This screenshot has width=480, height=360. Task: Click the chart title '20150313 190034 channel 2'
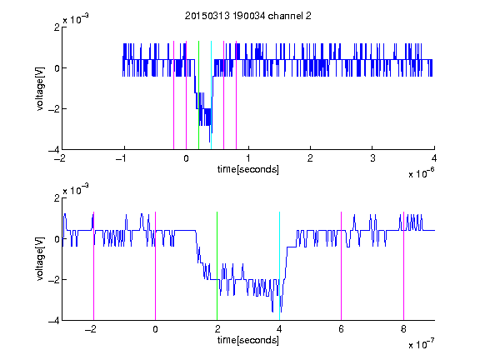248,16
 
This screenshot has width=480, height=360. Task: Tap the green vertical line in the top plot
198,95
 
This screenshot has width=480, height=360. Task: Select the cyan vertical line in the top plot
211,95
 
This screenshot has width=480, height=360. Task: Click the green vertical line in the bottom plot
217,266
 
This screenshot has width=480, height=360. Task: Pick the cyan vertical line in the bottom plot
279,266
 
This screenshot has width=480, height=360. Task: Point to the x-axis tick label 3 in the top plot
372,158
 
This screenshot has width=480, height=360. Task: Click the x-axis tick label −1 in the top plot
122,158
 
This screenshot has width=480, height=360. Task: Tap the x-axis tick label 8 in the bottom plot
403,329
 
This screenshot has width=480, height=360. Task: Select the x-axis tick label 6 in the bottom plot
342,329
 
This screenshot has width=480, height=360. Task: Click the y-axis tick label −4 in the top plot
53,150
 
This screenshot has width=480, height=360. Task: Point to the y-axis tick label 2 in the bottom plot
57,197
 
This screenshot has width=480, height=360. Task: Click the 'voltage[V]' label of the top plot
40,88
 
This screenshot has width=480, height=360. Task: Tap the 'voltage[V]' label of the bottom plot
40,258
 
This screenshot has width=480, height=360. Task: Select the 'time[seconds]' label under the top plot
248,169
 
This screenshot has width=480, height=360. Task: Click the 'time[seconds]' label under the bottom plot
248,340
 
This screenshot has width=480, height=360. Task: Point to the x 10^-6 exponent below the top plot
421,173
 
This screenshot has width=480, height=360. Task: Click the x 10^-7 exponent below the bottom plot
421,344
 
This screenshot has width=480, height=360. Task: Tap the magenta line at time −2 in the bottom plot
93,266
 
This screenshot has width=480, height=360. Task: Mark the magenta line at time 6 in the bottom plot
342,266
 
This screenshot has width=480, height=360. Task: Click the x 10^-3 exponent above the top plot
76,19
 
